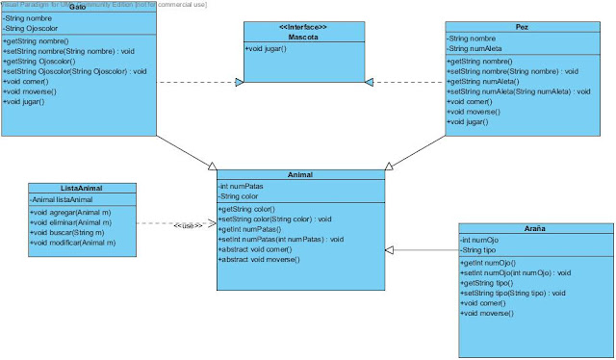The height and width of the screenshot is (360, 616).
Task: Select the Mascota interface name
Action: point(303,36)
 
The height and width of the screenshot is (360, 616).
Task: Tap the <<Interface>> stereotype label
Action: point(303,26)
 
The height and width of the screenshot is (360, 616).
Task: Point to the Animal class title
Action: point(300,174)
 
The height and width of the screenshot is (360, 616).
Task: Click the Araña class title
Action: point(534,228)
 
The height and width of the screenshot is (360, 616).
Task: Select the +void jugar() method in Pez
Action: point(469,122)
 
